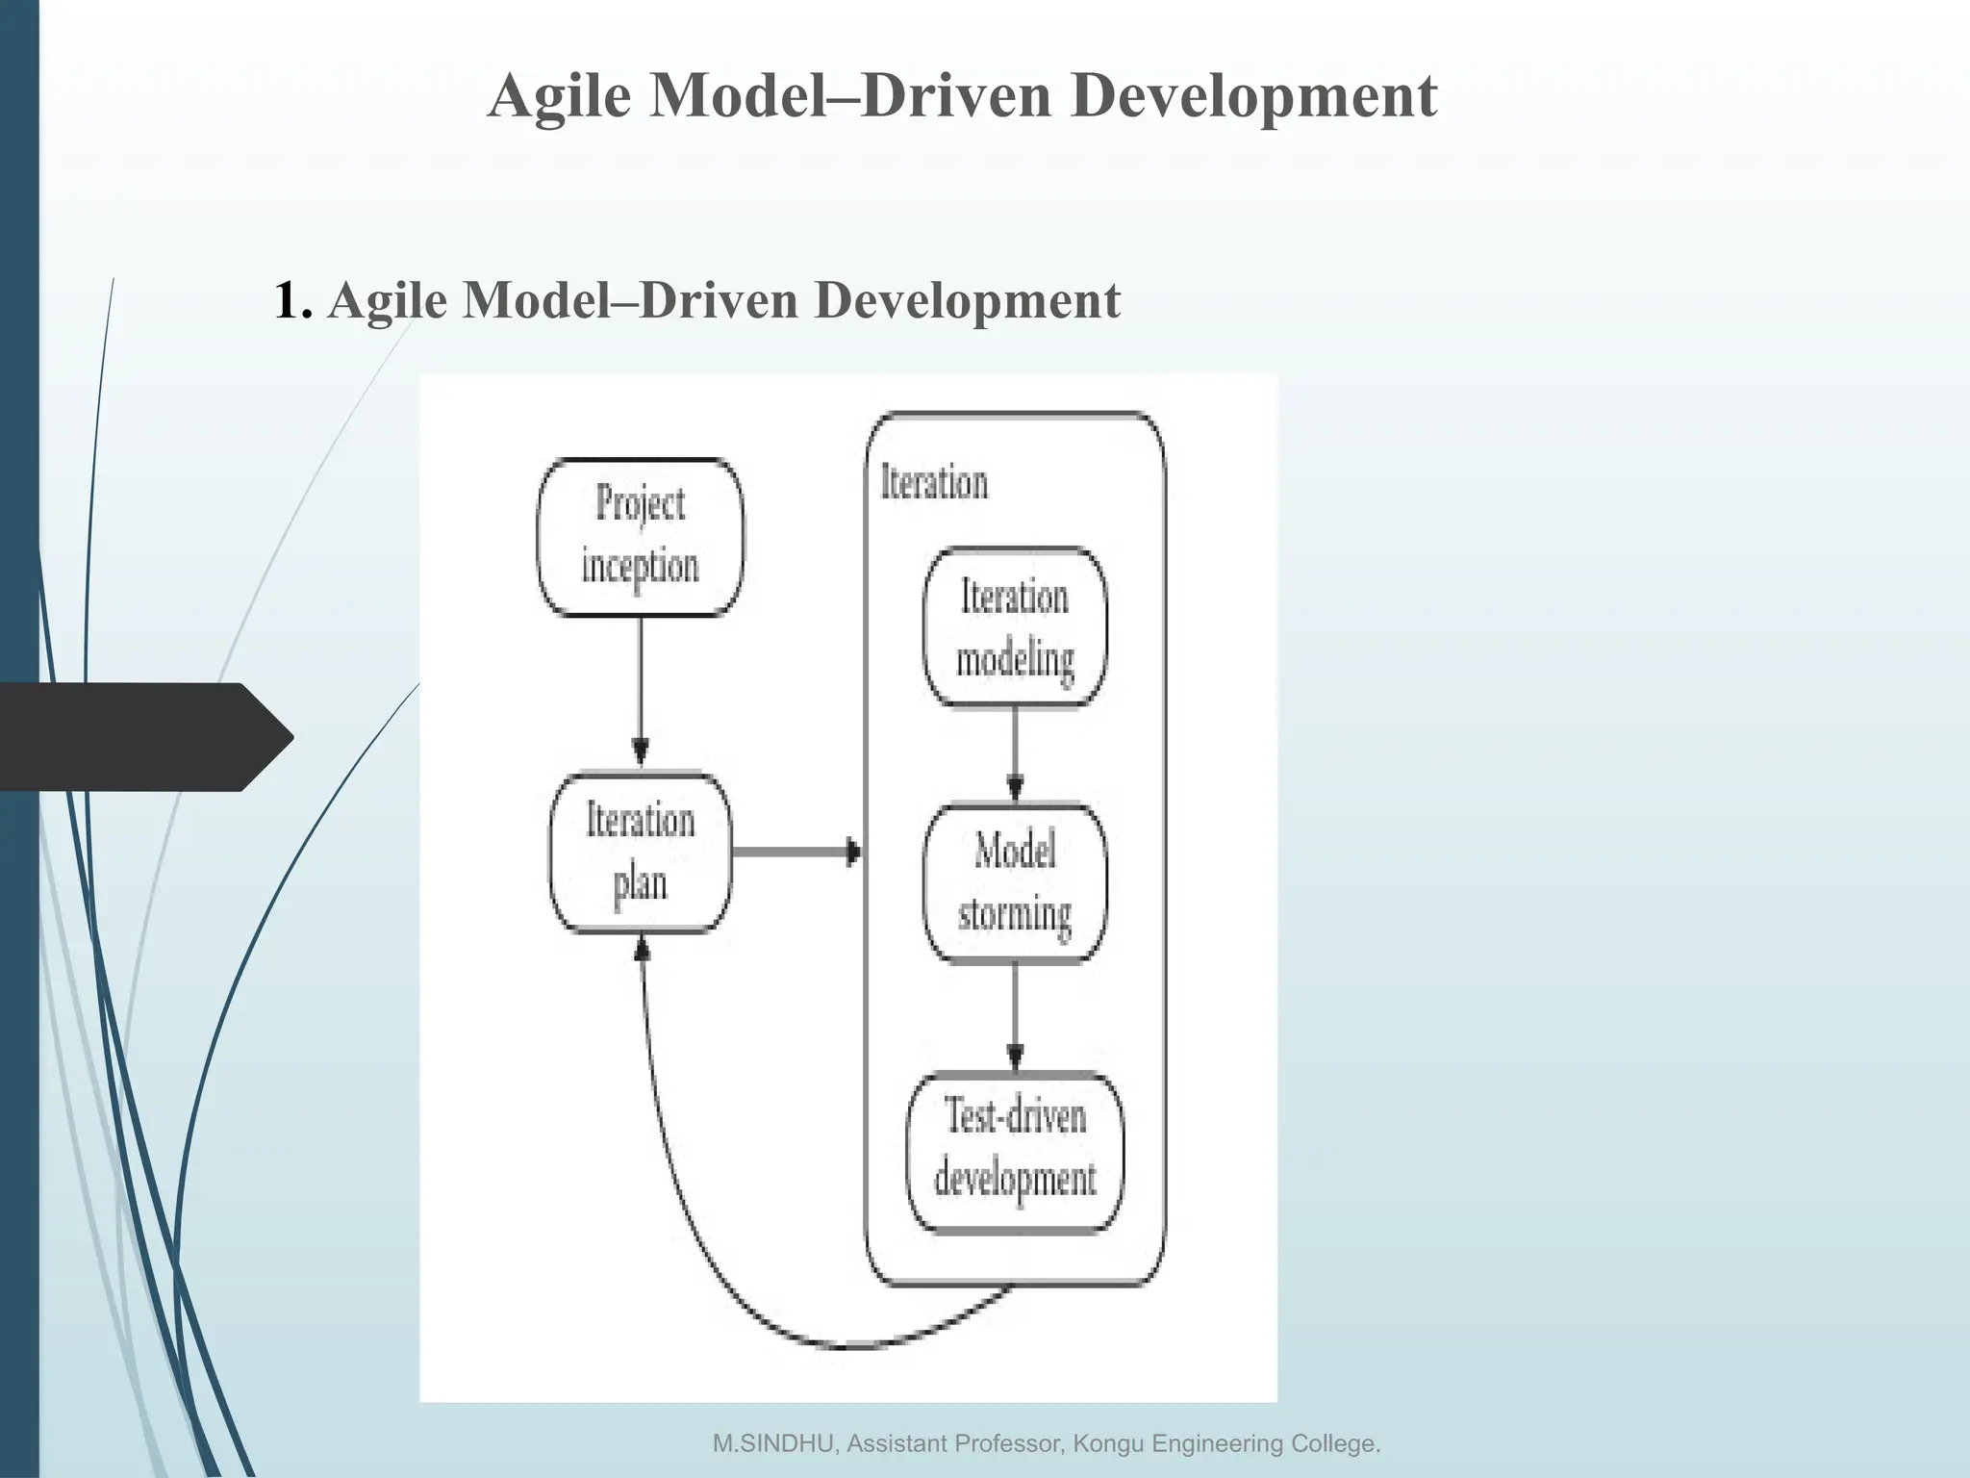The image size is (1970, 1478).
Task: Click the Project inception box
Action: pos(640,537)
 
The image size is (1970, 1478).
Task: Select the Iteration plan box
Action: pos(640,853)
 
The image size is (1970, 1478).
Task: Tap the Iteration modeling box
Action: pos(1015,627)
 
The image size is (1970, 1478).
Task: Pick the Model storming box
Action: pos(1015,883)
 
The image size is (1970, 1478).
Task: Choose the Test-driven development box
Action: pos(1015,1152)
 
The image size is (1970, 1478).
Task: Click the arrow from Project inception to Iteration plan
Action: pos(640,688)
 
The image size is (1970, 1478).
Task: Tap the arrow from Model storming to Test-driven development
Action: pos(1015,1015)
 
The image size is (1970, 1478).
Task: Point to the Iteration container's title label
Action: pos(934,483)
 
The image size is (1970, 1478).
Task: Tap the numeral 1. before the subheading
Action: pos(292,300)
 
